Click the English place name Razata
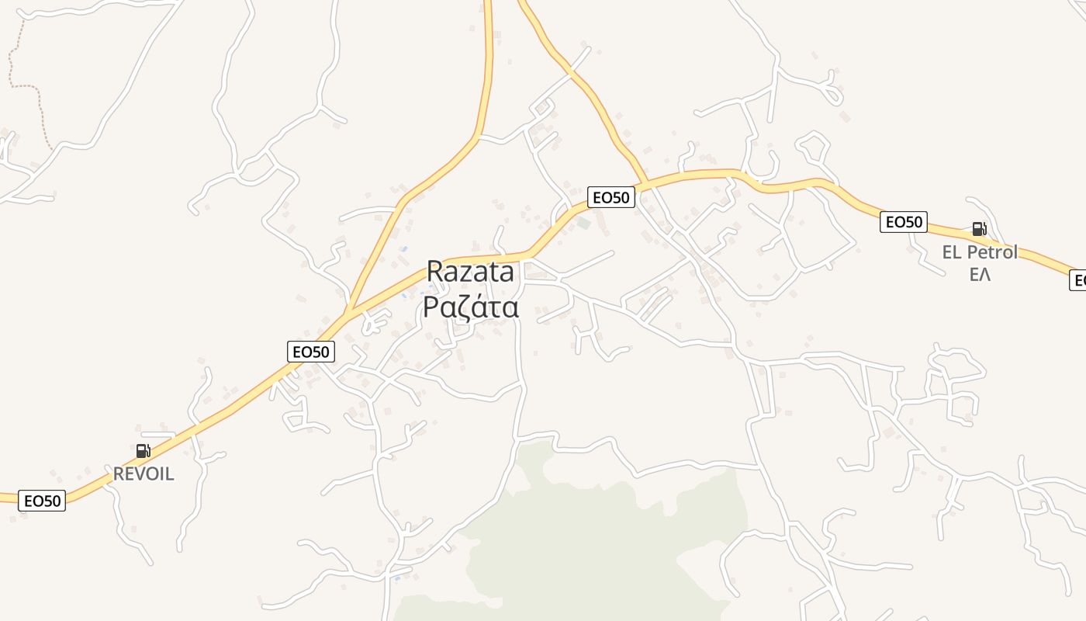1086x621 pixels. tap(470, 272)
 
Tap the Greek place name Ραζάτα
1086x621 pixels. tap(470, 307)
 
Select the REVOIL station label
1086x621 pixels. tap(144, 474)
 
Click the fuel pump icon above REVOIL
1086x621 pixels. tap(143, 451)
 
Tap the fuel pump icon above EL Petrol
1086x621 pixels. tap(979, 229)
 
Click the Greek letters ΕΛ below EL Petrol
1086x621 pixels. tap(980, 275)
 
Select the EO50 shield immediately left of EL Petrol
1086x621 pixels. tap(904, 222)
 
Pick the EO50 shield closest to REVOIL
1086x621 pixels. tap(42, 501)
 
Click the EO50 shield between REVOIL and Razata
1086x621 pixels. tap(310, 352)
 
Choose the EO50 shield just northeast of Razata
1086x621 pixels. tap(610, 197)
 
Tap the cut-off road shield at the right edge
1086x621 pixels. tap(1078, 280)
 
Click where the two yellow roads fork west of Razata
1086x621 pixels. tap(351, 310)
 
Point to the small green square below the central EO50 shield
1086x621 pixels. tap(583, 224)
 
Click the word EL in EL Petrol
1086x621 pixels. tap(952, 252)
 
